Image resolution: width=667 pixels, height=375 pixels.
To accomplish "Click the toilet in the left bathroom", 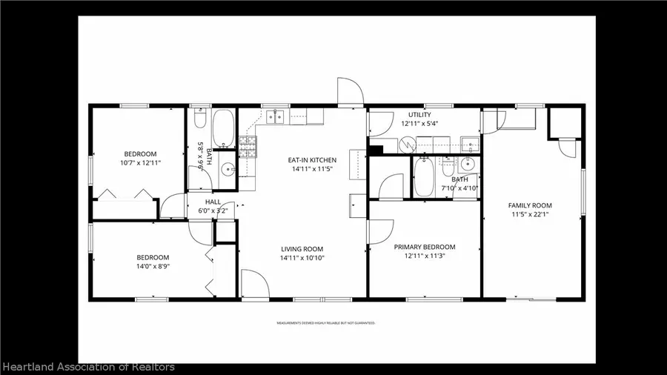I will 199,119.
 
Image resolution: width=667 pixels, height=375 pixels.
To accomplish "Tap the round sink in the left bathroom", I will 228,168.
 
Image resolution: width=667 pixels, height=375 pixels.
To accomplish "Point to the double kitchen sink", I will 276,116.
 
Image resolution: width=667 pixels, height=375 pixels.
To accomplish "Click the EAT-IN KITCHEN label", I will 312,160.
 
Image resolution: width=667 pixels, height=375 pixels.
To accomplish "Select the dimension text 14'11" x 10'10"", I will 302,258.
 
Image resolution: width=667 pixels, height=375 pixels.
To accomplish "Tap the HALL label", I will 213,202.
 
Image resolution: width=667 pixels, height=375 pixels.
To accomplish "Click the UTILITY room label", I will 419,115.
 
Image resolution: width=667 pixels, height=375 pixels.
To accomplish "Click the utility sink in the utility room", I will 468,144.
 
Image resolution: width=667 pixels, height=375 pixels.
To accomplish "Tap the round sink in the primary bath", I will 467,165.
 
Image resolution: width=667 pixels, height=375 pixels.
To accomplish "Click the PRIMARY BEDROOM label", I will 424,247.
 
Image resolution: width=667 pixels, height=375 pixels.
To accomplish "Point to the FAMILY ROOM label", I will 529,205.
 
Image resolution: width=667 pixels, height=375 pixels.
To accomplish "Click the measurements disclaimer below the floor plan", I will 326,323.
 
